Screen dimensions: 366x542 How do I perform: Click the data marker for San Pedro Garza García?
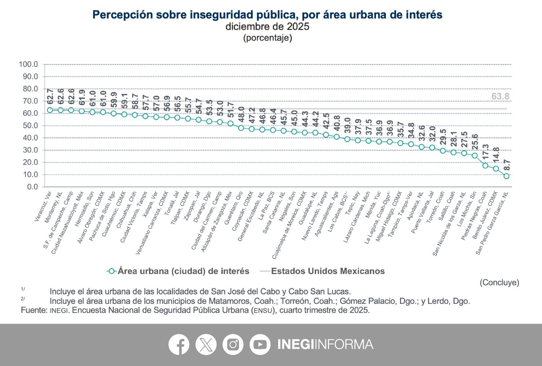(x=507, y=176)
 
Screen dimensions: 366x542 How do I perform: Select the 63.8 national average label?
(x=500, y=96)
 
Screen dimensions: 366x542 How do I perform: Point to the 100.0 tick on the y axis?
(x=29, y=64)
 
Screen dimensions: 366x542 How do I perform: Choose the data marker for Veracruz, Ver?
(x=50, y=110)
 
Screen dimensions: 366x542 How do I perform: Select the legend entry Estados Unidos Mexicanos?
(x=327, y=271)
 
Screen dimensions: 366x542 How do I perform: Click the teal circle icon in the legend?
(x=111, y=271)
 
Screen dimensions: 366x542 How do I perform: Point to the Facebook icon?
(x=179, y=344)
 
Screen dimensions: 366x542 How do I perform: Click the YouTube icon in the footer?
(x=260, y=344)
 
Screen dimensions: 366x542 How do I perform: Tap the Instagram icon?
(x=233, y=344)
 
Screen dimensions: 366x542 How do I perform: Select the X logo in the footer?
(x=206, y=344)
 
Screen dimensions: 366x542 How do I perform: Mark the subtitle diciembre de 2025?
(x=267, y=27)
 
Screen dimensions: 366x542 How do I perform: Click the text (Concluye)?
(x=499, y=283)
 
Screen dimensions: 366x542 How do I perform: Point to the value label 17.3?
(x=486, y=152)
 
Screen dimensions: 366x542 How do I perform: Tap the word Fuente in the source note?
(x=33, y=310)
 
